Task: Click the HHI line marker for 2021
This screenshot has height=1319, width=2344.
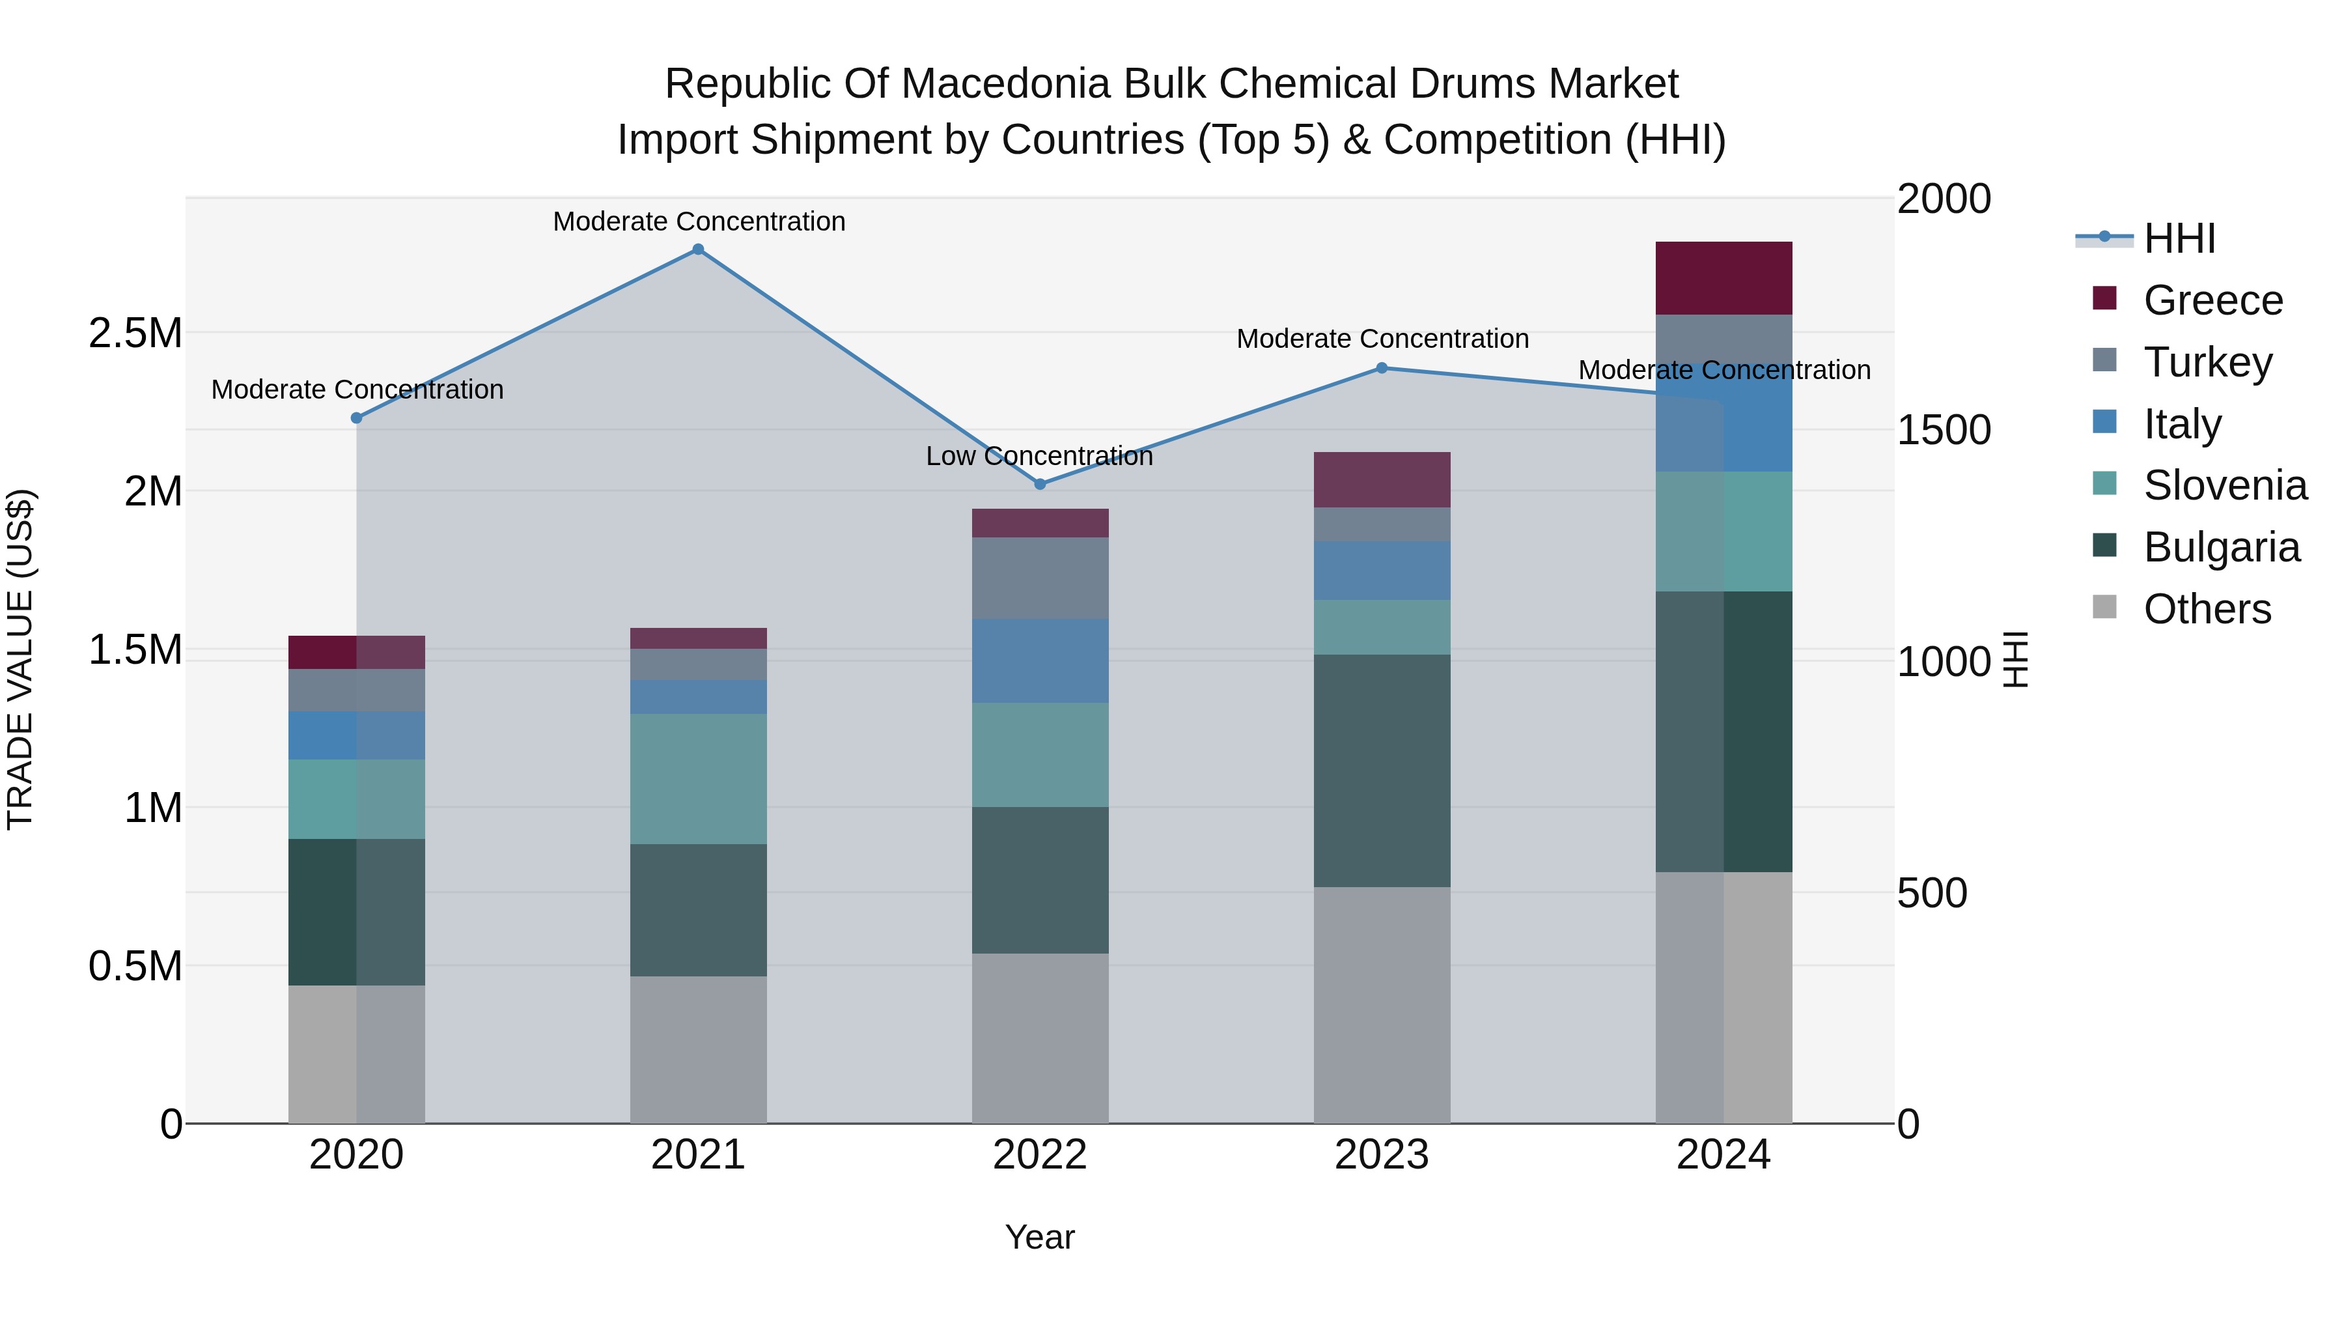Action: tap(698, 249)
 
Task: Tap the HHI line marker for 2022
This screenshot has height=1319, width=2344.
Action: tap(1040, 484)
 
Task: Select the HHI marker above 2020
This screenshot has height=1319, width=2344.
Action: tap(357, 418)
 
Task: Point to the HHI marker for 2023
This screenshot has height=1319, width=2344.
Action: tap(1381, 368)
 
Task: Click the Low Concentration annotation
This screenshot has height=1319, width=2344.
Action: tap(1039, 456)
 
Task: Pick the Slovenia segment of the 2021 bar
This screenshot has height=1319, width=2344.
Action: tap(698, 778)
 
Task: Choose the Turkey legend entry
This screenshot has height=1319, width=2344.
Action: tap(2207, 362)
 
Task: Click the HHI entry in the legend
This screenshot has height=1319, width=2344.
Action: tap(2179, 238)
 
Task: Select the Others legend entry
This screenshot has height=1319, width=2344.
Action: tap(2207, 609)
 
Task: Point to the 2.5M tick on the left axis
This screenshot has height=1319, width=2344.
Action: tap(135, 333)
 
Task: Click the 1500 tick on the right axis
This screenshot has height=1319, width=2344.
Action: tap(1944, 430)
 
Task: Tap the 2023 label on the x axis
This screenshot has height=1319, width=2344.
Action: tap(1381, 1155)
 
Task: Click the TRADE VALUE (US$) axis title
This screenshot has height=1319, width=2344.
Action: tap(20, 659)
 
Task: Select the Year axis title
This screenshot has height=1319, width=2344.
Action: tap(1039, 1237)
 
